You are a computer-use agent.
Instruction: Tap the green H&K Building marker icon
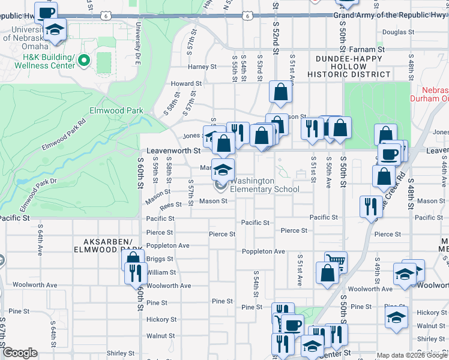click(83, 61)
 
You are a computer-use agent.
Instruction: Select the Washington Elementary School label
click(265, 185)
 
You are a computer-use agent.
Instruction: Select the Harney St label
click(201, 67)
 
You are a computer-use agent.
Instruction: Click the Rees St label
click(170, 205)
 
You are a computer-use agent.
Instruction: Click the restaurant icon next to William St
click(135, 272)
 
